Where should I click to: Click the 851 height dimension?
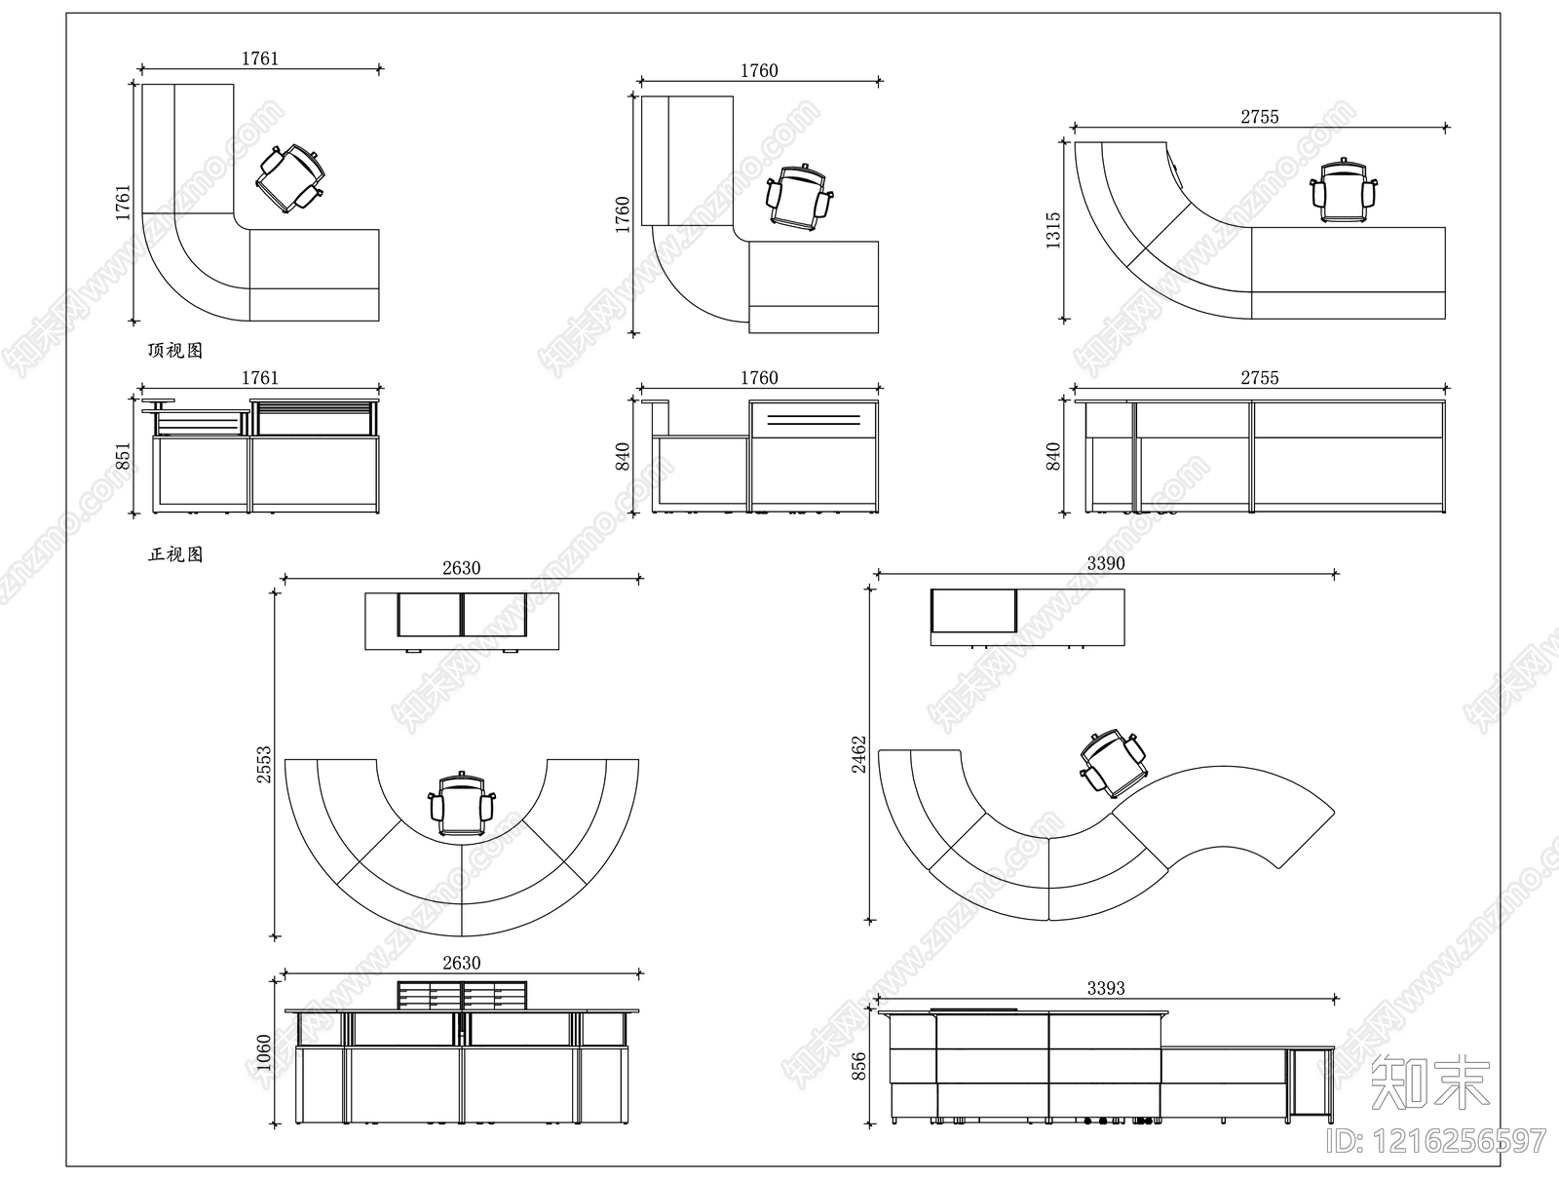[x=123, y=456]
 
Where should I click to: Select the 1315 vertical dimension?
[x=1053, y=231]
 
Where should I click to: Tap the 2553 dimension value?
[x=264, y=765]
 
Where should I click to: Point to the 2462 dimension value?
[x=858, y=753]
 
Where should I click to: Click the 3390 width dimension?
[x=1105, y=563]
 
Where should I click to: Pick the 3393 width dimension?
[x=1105, y=988]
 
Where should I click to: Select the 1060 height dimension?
[x=264, y=1052]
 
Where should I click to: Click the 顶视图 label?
[x=175, y=351]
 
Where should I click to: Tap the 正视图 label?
[x=175, y=554]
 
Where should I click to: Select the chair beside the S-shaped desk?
[x=1112, y=763]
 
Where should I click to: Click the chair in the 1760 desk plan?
[x=800, y=199]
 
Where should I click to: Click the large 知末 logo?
[x=1429, y=1082]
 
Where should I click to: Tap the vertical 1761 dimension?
[x=123, y=202]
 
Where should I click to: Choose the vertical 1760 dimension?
[x=623, y=214]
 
